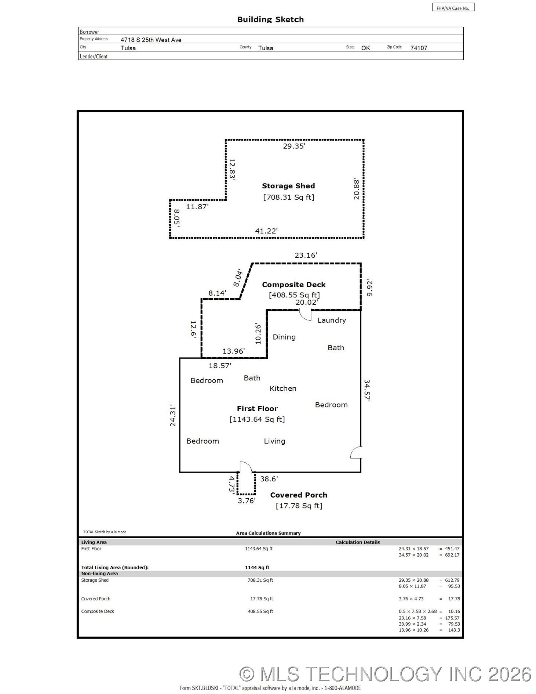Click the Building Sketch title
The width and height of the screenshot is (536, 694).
270,19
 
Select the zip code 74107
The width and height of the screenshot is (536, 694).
419,48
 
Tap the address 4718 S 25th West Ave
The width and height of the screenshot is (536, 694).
151,40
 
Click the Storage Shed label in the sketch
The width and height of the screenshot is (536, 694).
288,186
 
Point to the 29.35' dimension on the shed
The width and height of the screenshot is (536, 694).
294,146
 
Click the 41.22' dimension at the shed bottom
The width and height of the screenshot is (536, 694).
266,231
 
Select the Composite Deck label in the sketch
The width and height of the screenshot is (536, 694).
293,285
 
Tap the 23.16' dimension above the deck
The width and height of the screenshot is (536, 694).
306,255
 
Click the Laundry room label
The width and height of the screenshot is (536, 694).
332,320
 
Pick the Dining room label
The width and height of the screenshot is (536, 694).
284,337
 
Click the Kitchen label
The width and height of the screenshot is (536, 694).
283,388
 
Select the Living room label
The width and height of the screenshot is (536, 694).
274,441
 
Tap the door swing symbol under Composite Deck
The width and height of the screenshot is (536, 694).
305,315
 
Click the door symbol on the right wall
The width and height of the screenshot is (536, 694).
356,452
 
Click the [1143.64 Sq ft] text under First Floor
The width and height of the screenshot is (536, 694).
257,419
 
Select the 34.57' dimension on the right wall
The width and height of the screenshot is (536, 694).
367,391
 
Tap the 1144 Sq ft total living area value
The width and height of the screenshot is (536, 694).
257,567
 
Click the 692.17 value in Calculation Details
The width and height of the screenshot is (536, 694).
452,555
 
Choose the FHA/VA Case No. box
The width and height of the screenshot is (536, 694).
453,8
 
